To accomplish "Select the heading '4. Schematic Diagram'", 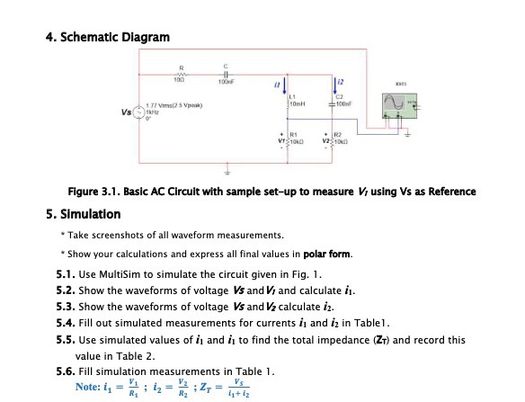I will coord(106,37).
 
